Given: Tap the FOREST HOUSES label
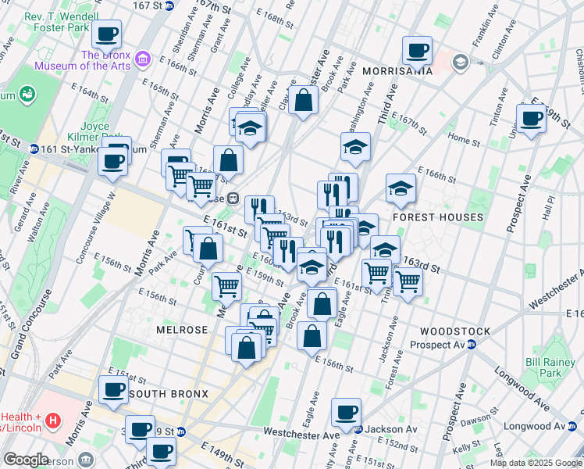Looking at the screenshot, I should pyautogui.click(x=438, y=217).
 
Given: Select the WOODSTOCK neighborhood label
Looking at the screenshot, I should pyautogui.click(x=454, y=331).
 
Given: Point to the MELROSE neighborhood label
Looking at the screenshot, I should pyautogui.click(x=181, y=330).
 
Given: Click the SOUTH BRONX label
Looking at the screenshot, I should pyautogui.click(x=169, y=394).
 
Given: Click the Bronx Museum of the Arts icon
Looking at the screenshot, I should pyautogui.click(x=143, y=59).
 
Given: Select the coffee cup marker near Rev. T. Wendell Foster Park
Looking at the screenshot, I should pyautogui.click(x=107, y=34).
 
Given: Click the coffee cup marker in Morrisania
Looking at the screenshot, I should pyautogui.click(x=417, y=50).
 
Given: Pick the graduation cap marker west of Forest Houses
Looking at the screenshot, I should pyautogui.click(x=401, y=188).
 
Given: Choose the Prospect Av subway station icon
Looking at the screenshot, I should pyautogui.click(x=472, y=345).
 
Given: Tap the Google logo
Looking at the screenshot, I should pyautogui.click(x=27, y=460).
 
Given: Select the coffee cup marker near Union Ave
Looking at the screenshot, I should pyautogui.click(x=532, y=118).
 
